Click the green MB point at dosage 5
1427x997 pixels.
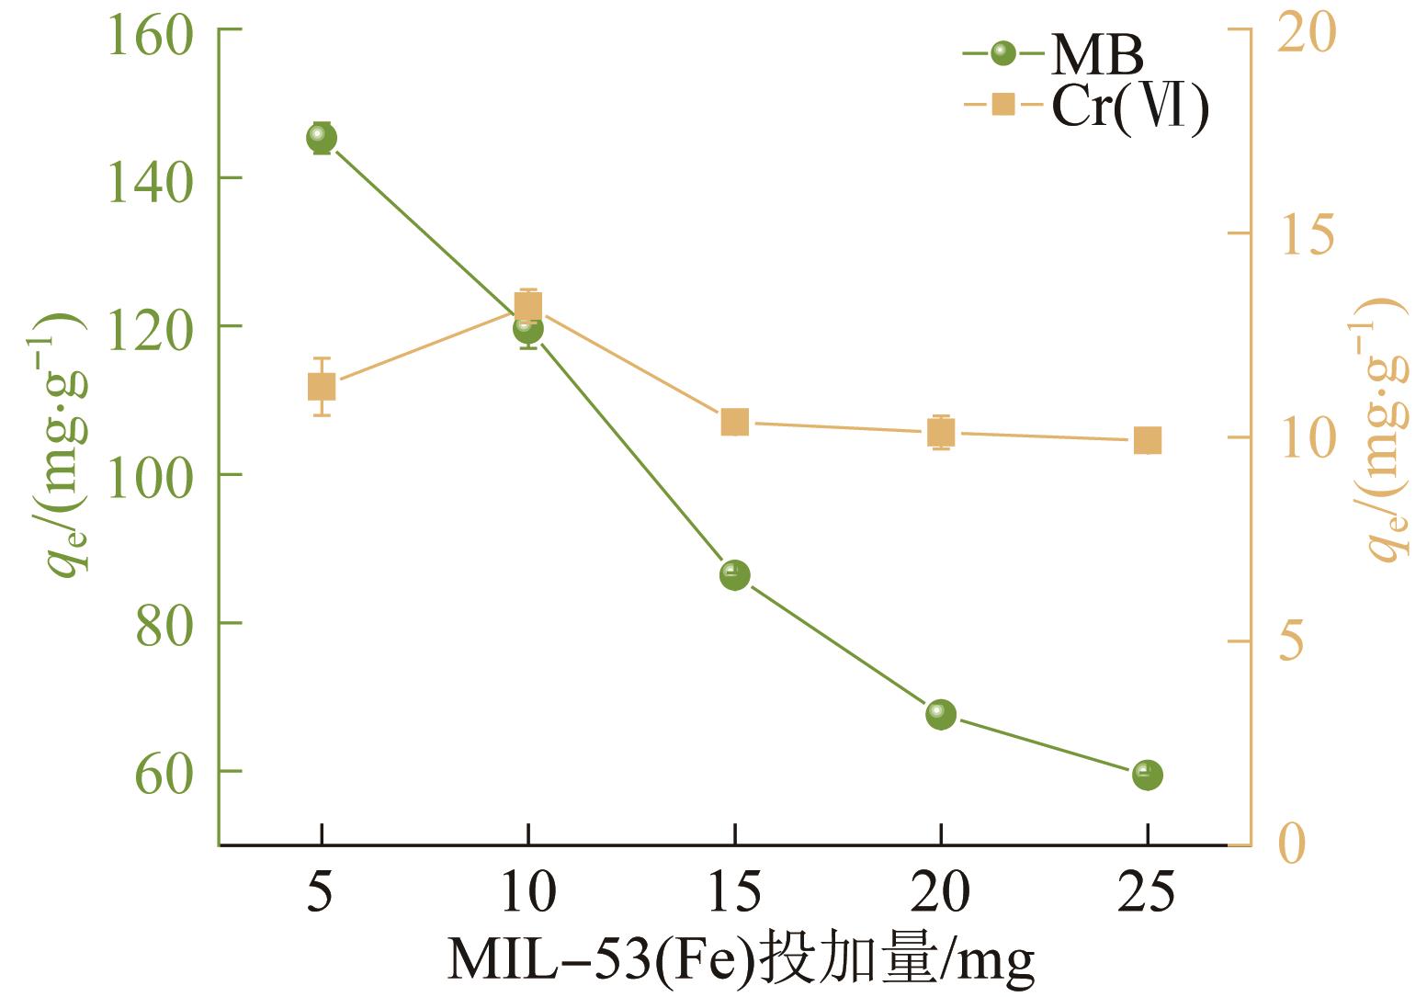(x=322, y=138)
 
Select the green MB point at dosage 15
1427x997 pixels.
(x=734, y=575)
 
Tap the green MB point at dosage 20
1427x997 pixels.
(x=941, y=714)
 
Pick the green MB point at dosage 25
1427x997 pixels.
(x=1148, y=775)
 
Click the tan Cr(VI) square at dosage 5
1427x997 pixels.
(x=322, y=387)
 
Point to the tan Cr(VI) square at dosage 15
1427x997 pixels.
(x=734, y=423)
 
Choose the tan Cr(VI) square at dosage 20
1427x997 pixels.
(x=941, y=432)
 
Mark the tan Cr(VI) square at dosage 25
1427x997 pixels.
(x=1148, y=440)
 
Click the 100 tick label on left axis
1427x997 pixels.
(x=150, y=476)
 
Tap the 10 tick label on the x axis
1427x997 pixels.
(x=528, y=892)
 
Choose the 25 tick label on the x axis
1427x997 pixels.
(x=1148, y=892)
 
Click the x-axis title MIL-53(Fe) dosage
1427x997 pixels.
(x=741, y=961)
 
